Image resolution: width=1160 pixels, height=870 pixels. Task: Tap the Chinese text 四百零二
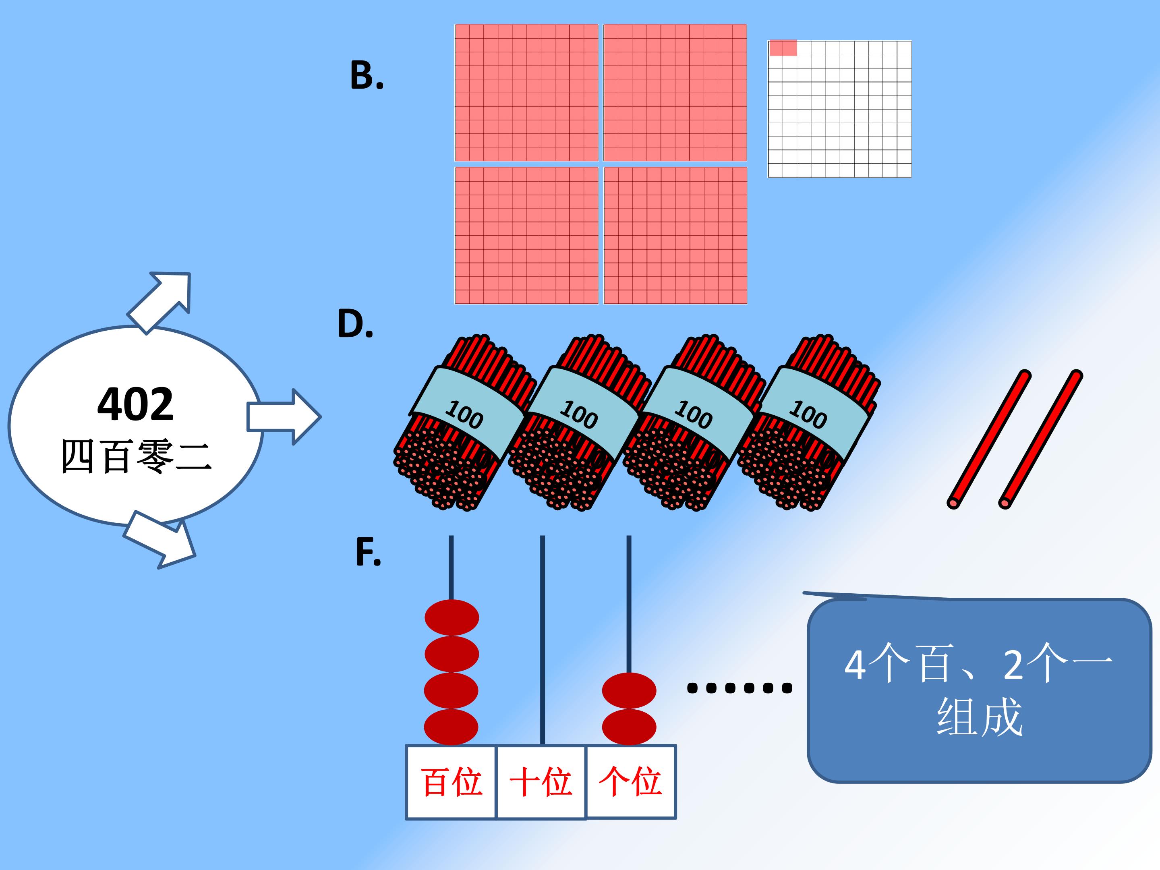137,456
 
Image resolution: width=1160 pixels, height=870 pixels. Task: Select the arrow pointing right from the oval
284,417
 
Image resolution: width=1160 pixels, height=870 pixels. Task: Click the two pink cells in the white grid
783,48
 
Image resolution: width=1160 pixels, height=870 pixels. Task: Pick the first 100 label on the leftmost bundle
464,414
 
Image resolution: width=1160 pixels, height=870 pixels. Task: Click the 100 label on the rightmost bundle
808,414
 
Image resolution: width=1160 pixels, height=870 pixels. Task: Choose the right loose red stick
1040,439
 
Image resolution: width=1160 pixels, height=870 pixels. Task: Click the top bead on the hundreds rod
452,618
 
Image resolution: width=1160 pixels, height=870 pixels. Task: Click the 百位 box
451,782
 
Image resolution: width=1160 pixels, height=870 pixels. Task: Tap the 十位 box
541,782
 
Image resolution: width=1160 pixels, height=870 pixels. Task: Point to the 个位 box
631,782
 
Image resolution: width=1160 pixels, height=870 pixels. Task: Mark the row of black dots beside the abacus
739,688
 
